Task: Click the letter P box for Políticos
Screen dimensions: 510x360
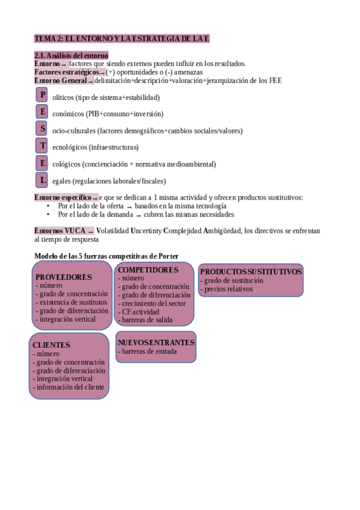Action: click(x=41, y=95)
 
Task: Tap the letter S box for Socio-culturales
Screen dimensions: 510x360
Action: click(x=41, y=129)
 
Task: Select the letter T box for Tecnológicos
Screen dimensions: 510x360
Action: click(x=41, y=146)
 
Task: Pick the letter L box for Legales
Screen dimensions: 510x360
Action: click(x=41, y=179)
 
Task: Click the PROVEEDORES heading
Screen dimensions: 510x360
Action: click(x=64, y=277)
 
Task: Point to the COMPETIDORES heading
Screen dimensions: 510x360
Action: click(x=148, y=271)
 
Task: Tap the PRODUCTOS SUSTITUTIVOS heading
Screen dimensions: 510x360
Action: click(x=251, y=272)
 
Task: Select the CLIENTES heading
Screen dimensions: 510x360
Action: click(x=52, y=345)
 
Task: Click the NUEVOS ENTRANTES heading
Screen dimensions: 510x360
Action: click(x=156, y=342)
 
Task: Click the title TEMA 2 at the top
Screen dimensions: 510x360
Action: click(x=121, y=38)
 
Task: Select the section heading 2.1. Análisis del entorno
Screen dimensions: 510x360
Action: click(x=72, y=56)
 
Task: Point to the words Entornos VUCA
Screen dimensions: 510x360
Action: click(x=60, y=230)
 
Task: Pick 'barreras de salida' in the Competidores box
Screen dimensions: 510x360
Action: click(x=147, y=320)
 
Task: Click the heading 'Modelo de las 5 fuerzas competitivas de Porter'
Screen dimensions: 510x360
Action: click(x=106, y=256)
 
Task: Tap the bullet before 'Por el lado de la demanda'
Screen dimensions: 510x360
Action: click(x=48, y=214)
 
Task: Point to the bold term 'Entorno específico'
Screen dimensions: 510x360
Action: click(x=63, y=197)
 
